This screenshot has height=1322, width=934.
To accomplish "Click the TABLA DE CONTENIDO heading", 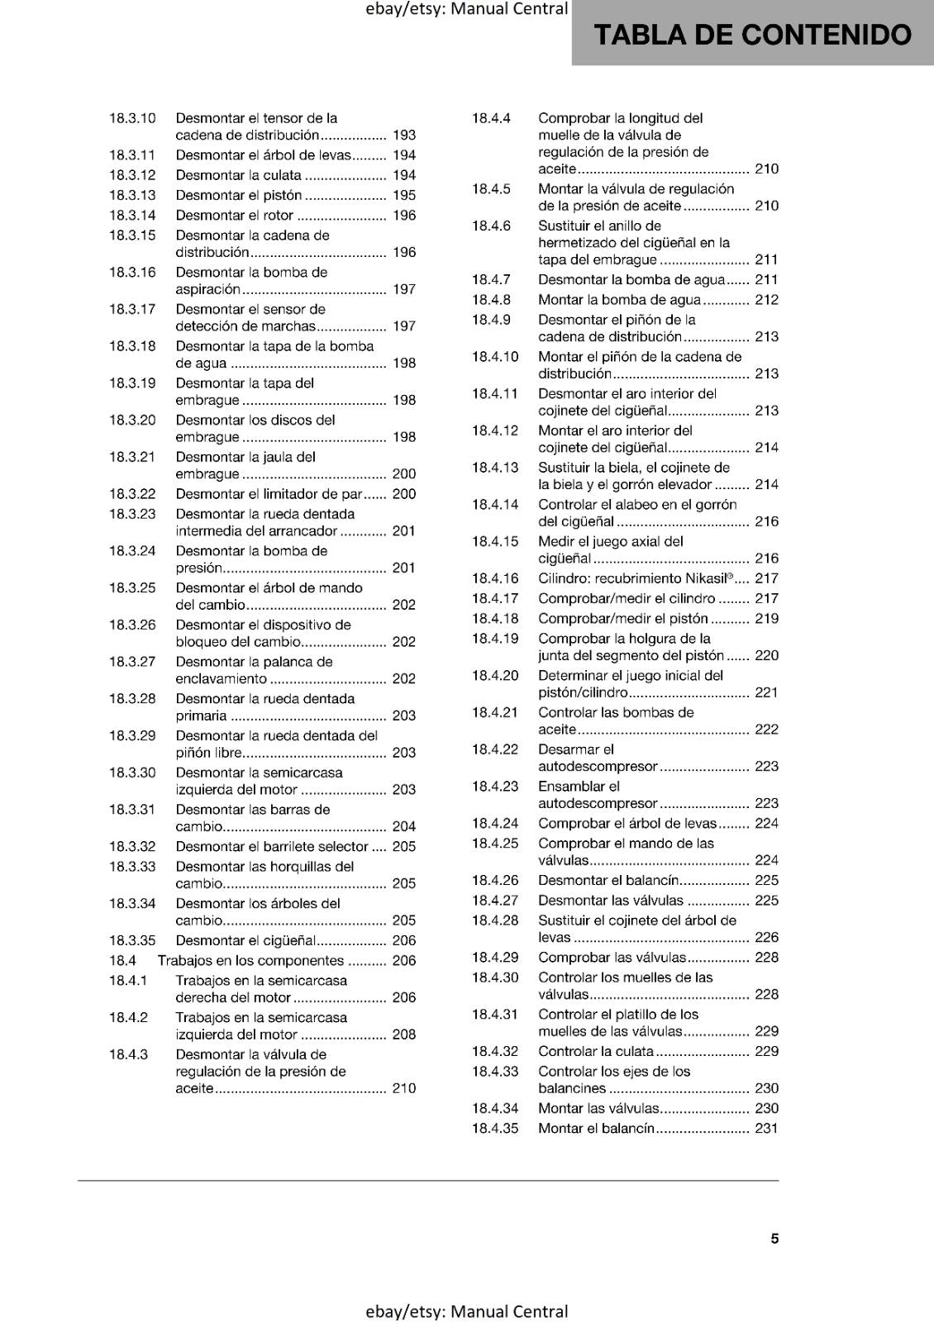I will (x=752, y=35).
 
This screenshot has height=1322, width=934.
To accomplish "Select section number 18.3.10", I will (x=132, y=118).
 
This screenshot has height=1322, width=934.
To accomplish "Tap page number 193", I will (x=404, y=135).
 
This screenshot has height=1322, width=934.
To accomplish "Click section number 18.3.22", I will (x=132, y=494).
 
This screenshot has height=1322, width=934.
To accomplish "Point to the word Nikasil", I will (x=705, y=578).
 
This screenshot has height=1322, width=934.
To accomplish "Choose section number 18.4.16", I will (x=495, y=578).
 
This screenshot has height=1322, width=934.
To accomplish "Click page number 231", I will (x=766, y=1129).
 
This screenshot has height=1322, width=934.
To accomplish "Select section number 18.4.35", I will (x=495, y=1129).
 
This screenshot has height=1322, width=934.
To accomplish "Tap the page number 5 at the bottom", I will (x=774, y=1239).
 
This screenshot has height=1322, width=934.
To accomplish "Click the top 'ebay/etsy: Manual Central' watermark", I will (x=466, y=9).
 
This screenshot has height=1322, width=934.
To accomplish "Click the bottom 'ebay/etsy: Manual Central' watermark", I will (x=466, y=1311).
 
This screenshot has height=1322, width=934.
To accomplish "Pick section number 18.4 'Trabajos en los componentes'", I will (x=122, y=961).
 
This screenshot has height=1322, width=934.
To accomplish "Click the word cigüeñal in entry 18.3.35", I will (x=289, y=941).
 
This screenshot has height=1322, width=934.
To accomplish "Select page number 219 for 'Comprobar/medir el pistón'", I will (x=766, y=619).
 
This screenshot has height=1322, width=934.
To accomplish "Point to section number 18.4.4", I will (x=491, y=118).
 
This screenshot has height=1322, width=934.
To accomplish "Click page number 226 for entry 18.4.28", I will (x=766, y=938).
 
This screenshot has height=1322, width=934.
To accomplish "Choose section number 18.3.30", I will (x=132, y=773).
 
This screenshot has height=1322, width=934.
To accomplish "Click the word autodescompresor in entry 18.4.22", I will (x=598, y=767).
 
